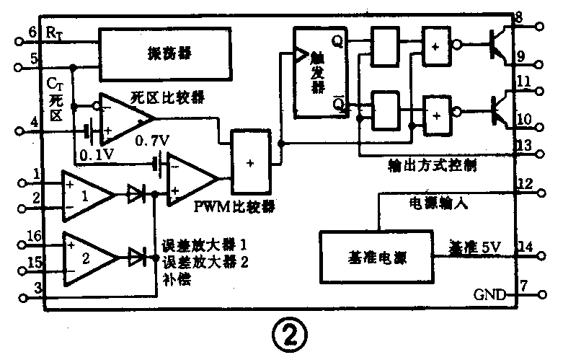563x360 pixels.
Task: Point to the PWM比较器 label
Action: pos(235,206)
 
